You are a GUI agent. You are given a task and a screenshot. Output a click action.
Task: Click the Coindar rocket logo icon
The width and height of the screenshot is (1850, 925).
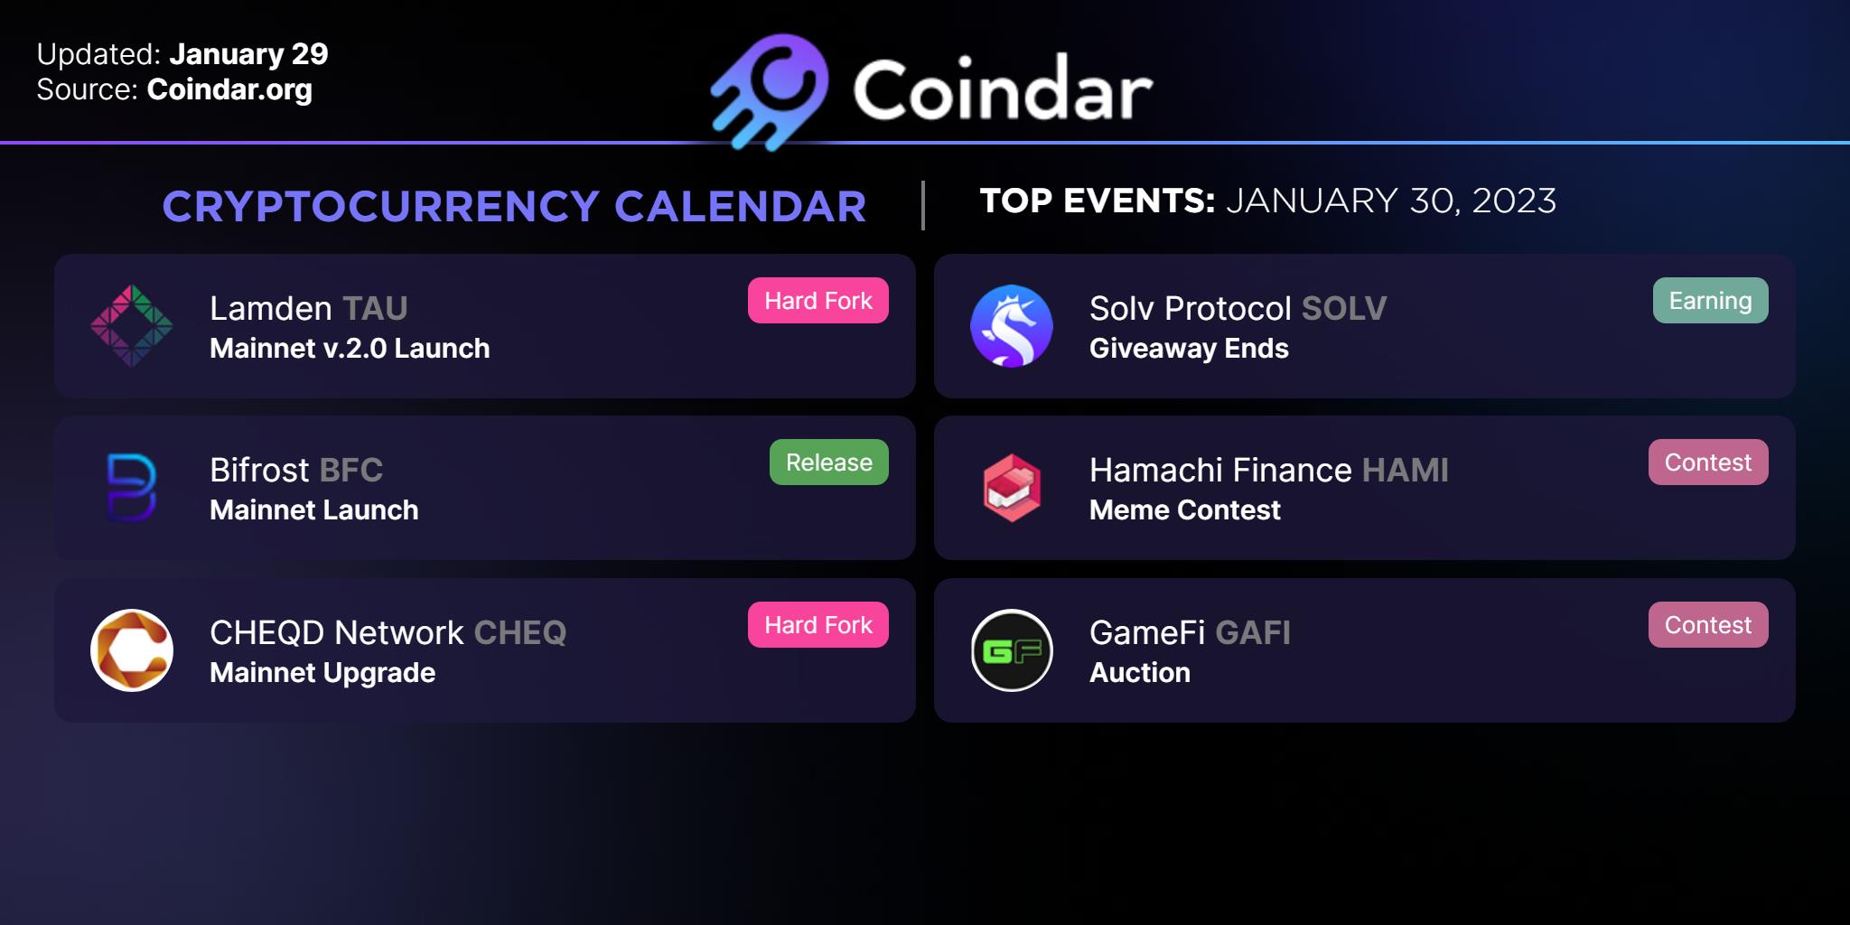tap(770, 91)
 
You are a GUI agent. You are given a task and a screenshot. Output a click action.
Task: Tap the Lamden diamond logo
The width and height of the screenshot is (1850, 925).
tap(132, 326)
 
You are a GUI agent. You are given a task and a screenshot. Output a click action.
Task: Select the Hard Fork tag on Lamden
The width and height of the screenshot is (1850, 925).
tap(818, 301)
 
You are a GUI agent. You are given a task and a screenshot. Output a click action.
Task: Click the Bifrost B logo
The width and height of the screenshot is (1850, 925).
tap(132, 488)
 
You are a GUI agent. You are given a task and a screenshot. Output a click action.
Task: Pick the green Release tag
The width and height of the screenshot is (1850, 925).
tap(829, 462)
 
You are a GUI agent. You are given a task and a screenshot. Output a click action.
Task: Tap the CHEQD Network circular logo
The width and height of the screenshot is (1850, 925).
tap(132, 650)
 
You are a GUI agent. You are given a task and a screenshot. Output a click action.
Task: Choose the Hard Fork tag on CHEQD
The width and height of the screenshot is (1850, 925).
tap(818, 625)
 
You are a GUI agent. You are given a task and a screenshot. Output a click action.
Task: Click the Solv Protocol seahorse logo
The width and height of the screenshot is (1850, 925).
tap(1012, 326)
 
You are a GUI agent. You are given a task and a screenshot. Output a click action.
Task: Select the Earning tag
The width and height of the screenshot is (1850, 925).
tap(1711, 301)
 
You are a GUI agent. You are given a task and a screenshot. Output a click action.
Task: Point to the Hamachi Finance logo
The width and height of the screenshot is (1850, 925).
tap(1012, 488)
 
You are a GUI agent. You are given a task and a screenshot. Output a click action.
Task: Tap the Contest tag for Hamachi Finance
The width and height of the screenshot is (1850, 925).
tap(1708, 462)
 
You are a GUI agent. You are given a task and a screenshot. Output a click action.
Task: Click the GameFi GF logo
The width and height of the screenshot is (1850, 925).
tap(1012, 650)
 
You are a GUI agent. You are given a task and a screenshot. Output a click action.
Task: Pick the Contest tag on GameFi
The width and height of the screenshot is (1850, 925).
tap(1708, 625)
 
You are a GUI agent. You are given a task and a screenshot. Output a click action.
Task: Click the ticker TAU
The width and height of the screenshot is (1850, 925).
tap(375, 309)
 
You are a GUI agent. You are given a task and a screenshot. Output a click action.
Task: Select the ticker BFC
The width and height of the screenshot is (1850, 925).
tap(351, 471)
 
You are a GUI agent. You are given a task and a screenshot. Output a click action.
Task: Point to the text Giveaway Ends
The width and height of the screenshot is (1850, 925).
tap(1189, 349)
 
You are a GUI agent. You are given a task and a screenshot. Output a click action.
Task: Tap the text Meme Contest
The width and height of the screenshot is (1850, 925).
tap(1185, 510)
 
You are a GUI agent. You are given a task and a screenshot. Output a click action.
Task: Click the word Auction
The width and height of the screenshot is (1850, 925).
tap(1140, 673)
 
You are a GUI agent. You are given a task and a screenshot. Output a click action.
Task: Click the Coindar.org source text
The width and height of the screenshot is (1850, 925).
tap(229, 90)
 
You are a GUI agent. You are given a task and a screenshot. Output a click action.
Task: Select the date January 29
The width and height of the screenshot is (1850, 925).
tap(248, 54)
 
